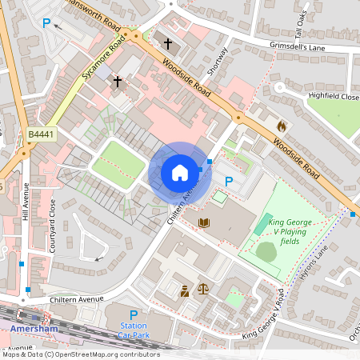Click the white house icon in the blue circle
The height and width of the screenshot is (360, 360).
click(179, 173)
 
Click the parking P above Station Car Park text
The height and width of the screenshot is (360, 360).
click(134, 314)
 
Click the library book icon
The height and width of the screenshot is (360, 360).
click(203, 222)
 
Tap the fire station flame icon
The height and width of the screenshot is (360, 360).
click(281, 126)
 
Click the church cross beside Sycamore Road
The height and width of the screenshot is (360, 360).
click(118, 81)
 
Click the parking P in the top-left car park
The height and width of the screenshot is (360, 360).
click(46, 24)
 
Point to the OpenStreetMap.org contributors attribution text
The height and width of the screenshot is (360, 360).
click(80, 354)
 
